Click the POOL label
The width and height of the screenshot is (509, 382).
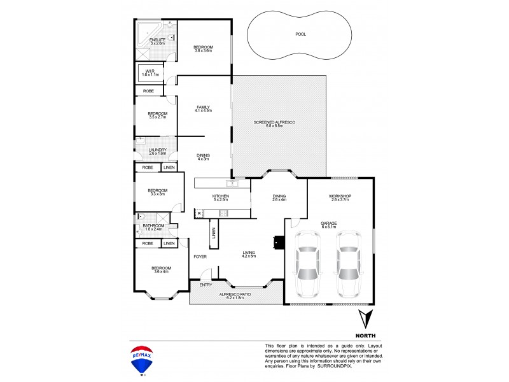tap(300, 34)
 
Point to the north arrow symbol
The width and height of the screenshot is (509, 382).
tap(363, 318)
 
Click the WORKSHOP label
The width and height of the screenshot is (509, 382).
tap(340, 197)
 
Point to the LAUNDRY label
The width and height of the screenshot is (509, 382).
tap(157, 151)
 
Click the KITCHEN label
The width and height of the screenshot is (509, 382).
tap(221, 197)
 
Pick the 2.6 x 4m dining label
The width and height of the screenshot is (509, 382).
tap(279, 197)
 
